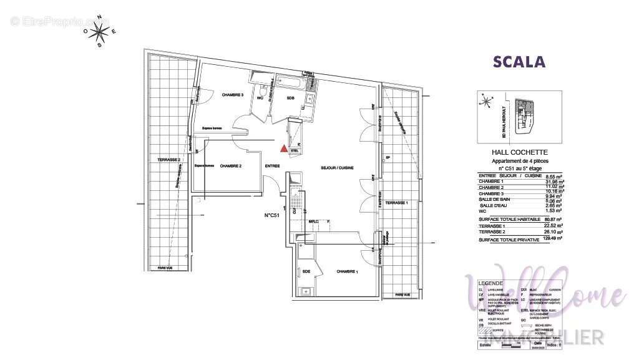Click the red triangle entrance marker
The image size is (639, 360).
point(284,148)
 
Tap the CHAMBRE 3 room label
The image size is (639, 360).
point(232,95)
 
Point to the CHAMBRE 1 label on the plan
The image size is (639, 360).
point(347,271)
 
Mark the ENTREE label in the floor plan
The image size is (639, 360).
point(272,166)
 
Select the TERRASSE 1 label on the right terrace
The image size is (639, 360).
point(396,203)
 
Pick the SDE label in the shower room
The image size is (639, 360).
point(306,271)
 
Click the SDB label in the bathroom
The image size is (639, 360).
point(291,98)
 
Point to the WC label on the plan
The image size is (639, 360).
point(260,98)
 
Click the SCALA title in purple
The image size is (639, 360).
point(519,62)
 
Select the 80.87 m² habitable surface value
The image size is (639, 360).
point(554,220)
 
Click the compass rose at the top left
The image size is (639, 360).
point(100,31)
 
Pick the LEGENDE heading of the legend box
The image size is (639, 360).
point(490,283)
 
